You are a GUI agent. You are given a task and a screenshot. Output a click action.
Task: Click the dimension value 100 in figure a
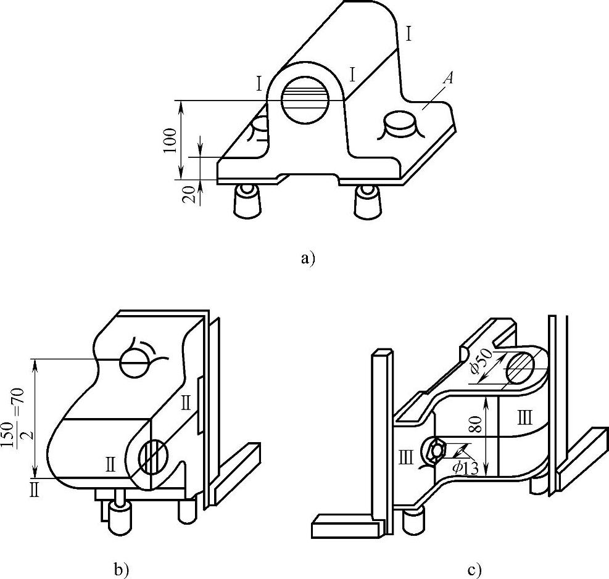[170, 140]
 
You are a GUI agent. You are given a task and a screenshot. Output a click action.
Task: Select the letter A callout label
[448, 79]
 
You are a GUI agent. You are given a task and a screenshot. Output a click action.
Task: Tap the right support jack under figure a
[367, 200]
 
